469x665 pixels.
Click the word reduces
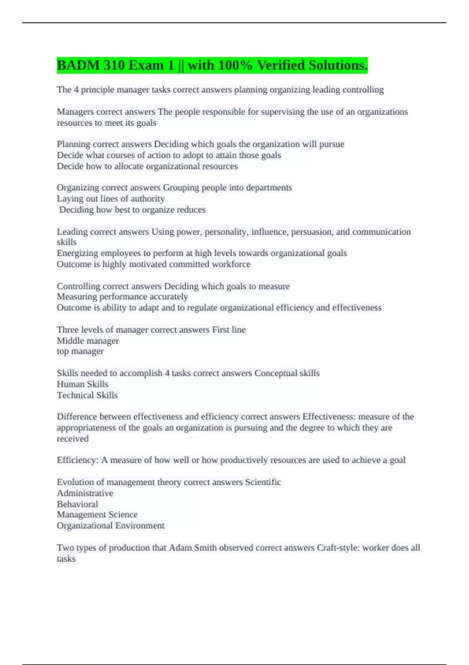191,210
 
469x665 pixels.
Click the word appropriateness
86,428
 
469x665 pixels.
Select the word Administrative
85,493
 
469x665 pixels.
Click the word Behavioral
77,504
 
